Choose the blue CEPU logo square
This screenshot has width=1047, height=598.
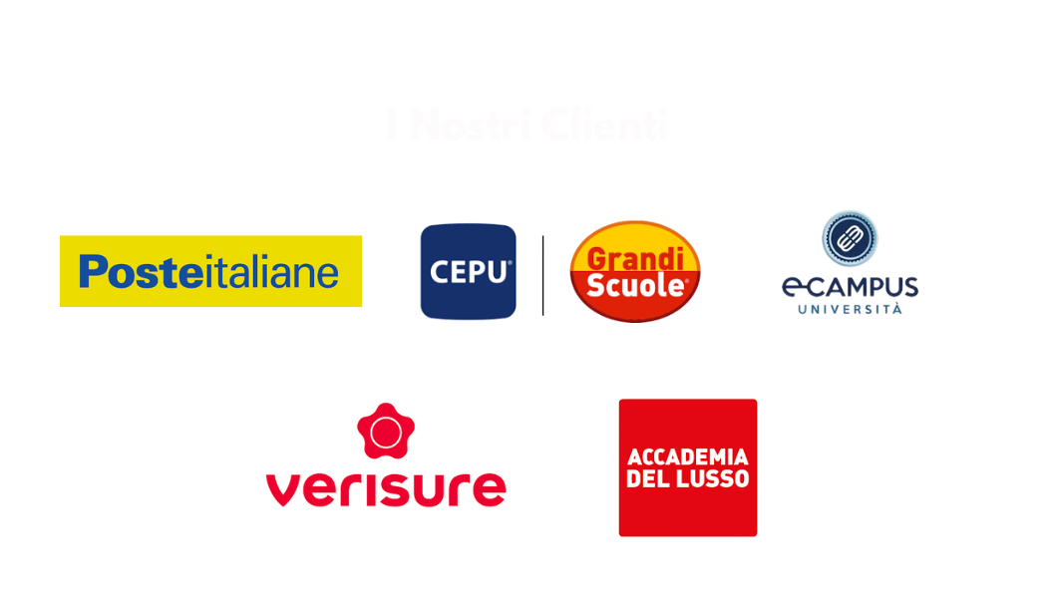[x=468, y=271]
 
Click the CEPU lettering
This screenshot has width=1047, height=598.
[x=468, y=271]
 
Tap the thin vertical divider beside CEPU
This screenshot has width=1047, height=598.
[x=542, y=274]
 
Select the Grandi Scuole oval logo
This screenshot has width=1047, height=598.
[x=634, y=271]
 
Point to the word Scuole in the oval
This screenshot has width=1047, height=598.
[x=636, y=285]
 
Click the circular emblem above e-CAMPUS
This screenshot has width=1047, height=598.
[x=851, y=239]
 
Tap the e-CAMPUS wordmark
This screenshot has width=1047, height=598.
[x=850, y=288]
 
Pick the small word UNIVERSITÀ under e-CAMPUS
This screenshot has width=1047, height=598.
[x=850, y=310]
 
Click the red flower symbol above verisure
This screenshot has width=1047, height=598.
[x=386, y=431]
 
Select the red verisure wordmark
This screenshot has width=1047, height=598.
[x=386, y=487]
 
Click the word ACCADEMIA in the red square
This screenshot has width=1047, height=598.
[x=688, y=457]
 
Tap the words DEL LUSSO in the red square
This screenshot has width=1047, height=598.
[x=688, y=479]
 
